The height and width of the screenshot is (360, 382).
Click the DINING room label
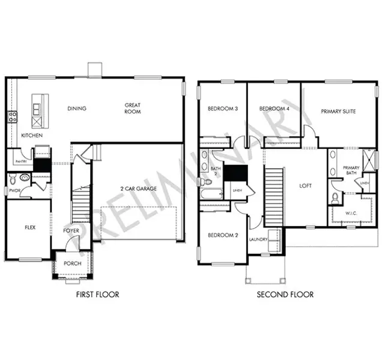click(77, 109)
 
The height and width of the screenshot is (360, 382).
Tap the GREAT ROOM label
click(133, 108)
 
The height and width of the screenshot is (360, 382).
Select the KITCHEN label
click(31, 136)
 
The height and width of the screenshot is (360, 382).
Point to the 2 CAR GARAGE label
click(138, 188)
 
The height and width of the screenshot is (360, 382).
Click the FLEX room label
click(29, 228)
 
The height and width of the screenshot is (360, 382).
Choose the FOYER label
click(71, 230)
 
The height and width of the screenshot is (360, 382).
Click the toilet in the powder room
click(23, 178)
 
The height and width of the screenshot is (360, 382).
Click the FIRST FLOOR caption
click(97, 295)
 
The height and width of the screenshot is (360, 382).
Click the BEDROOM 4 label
click(274, 109)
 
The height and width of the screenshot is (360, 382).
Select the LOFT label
click(306, 186)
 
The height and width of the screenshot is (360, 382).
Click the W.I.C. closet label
click(351, 213)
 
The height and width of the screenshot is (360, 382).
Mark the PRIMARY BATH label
click(351, 171)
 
